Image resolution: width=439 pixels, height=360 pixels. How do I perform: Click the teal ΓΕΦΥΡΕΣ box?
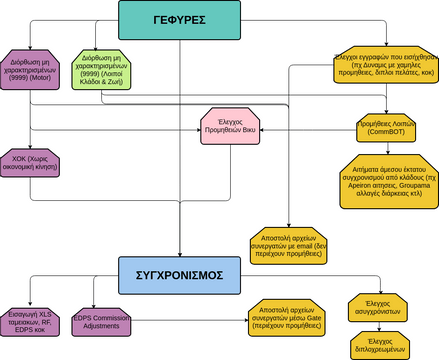pos(179,19)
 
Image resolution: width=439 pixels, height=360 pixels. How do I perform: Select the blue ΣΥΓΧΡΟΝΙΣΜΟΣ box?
pos(179,273)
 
